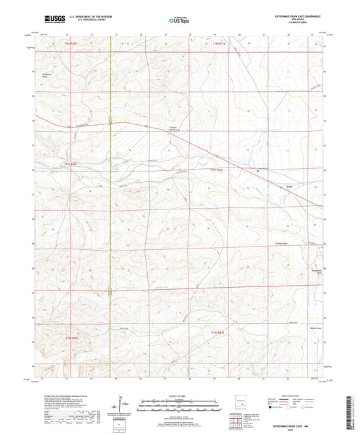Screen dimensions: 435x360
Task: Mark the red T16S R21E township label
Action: point(221,43)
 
